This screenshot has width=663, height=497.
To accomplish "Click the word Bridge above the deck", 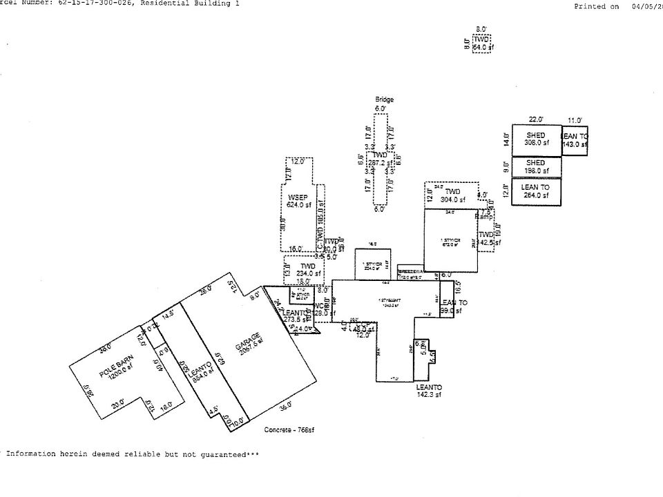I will pos(384,99).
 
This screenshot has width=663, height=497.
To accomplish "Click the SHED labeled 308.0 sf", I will pos(536,139).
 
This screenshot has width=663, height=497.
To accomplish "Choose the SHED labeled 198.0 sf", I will pos(536,167).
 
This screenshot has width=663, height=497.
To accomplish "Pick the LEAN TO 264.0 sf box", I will pos(536,191).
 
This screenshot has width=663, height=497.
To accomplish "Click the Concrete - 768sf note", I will pos(289,429).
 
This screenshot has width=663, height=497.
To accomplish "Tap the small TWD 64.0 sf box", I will pos(482,43).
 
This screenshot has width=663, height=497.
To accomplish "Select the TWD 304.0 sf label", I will pos(452,195).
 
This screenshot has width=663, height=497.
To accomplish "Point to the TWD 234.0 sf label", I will pos(308,270).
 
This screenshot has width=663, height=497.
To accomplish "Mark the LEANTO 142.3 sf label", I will pos(429,391).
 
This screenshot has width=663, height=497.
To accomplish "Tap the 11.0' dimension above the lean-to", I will pos(575,120).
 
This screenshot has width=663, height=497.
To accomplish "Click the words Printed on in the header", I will pos(597,6).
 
